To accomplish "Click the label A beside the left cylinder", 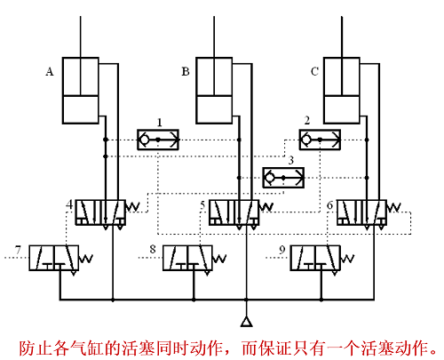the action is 50,71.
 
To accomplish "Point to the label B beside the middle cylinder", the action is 186,71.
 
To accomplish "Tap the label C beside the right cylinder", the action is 314,71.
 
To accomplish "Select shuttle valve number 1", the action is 158,140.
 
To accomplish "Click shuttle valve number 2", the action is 320,140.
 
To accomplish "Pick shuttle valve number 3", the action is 283,178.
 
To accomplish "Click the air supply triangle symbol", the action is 246,322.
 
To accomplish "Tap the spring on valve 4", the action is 132,207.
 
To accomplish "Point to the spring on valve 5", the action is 266,207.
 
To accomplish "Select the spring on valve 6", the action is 394,207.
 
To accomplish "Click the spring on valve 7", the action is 86,259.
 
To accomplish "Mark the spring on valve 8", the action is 219,259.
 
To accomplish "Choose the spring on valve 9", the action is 347,259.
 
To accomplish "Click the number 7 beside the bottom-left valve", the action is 19,250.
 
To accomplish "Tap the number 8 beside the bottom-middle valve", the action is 153,249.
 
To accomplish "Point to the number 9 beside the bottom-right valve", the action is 282,250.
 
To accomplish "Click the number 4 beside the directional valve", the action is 69,204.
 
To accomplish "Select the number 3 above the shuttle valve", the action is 290,160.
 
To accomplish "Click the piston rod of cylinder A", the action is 80,56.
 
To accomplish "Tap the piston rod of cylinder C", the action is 342,56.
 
